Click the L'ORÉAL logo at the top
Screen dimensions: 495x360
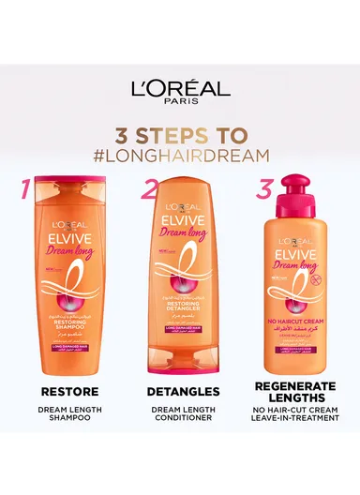point(180,90)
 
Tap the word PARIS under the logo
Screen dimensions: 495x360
point(180,106)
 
